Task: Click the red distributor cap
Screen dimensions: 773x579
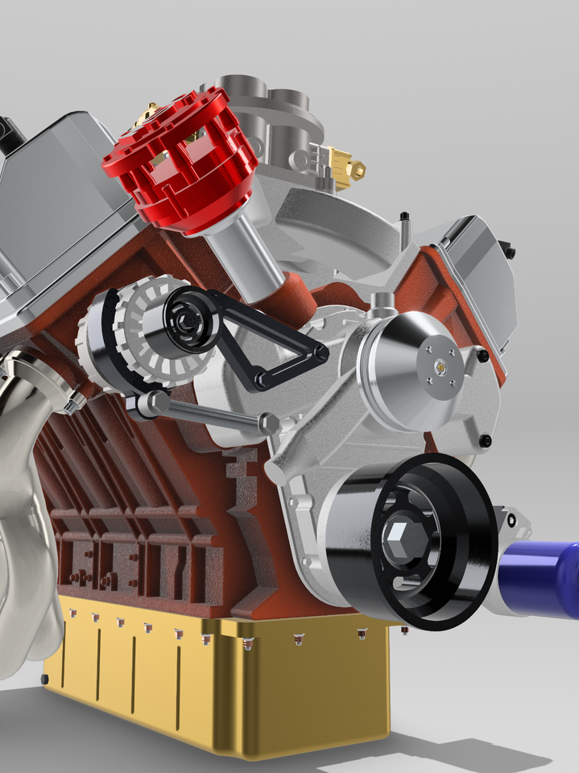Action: click(173, 165)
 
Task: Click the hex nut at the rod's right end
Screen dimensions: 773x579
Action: click(269, 422)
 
